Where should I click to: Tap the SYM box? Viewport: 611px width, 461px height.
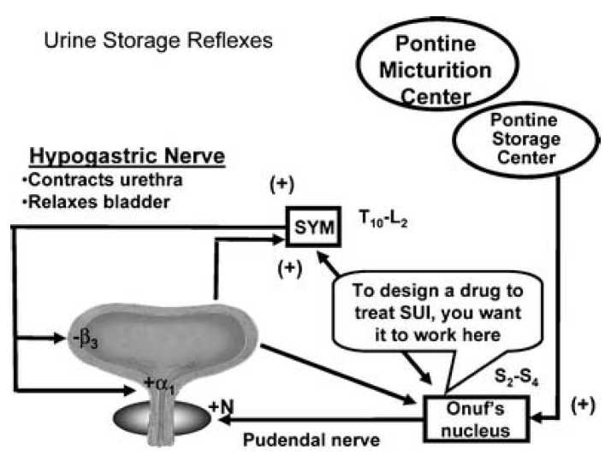pyautogui.click(x=311, y=227)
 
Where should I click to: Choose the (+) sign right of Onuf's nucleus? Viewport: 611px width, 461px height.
pyautogui.click(x=584, y=405)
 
